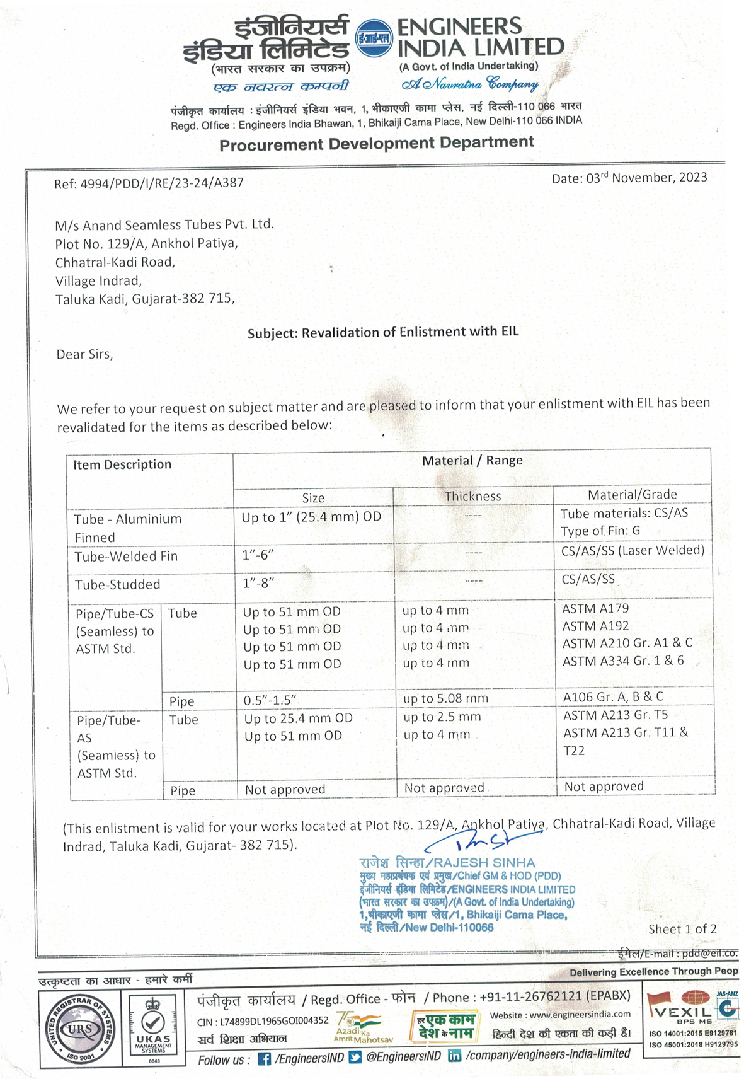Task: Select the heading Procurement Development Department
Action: point(377,144)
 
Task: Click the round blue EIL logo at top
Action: point(374,38)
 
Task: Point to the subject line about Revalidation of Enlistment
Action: point(383,332)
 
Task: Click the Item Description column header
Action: point(122,464)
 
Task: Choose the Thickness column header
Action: point(472,497)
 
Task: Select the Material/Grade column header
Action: point(632,495)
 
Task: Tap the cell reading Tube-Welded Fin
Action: point(126,557)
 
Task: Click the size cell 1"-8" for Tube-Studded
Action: point(258,583)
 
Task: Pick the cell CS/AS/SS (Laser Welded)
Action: point(633,550)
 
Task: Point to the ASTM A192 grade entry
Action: point(595,626)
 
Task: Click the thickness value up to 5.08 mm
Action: point(445,698)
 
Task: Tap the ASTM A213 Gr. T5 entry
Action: point(616,715)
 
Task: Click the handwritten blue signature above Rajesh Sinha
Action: point(482,841)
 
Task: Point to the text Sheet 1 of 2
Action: point(682,929)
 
